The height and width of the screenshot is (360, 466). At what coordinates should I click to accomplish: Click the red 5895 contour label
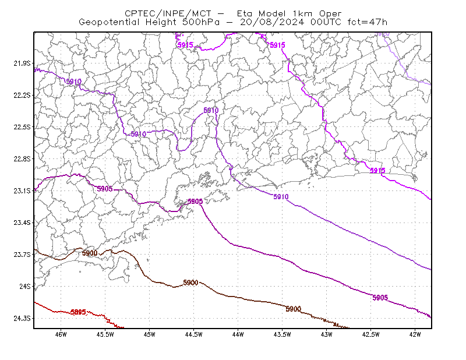(78, 312)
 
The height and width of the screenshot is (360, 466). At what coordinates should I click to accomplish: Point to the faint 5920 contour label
(383, 34)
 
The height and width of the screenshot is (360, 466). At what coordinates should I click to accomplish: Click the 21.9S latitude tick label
(22, 63)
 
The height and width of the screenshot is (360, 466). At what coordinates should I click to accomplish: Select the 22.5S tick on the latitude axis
(22, 127)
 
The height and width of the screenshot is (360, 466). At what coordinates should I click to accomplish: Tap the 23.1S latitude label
(22, 190)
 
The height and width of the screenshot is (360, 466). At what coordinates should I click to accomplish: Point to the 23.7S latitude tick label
(22, 255)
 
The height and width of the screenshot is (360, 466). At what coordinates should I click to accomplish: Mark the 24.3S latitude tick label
(22, 318)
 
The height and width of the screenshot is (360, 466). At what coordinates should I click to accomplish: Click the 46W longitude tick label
(61, 334)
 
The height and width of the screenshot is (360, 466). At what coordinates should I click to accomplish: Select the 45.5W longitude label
(105, 334)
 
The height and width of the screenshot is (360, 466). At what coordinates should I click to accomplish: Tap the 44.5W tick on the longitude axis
(194, 334)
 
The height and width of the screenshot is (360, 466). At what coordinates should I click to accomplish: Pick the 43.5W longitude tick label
(283, 334)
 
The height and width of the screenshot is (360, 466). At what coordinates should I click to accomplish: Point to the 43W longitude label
(327, 334)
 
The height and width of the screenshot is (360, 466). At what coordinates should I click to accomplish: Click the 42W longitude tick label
(415, 334)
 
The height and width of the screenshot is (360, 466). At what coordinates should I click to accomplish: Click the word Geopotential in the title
(109, 22)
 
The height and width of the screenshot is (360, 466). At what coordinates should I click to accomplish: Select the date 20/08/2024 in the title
(272, 22)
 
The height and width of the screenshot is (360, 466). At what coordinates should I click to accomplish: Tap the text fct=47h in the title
(368, 22)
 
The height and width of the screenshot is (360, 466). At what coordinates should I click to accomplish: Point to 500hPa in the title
(201, 22)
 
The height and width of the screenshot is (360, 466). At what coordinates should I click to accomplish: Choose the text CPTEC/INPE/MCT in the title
(168, 13)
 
